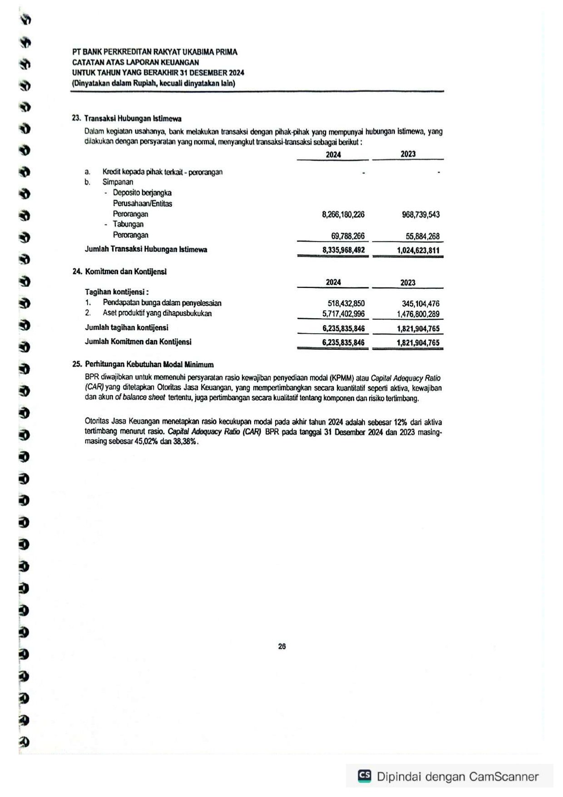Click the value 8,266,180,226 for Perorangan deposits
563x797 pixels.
tap(343, 214)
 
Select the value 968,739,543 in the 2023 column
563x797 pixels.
tap(420, 214)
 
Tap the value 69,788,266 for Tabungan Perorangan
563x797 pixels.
tap(347, 236)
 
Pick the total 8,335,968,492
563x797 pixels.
tap(343, 250)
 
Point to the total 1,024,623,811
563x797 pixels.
tap(418, 250)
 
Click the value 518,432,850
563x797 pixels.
tap(346, 303)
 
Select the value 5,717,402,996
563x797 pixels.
tap(343, 314)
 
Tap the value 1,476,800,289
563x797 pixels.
tap(418, 314)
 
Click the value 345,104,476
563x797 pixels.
tap(420, 303)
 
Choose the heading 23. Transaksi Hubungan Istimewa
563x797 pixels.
tap(127, 119)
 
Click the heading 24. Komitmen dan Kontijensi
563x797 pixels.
tap(119, 272)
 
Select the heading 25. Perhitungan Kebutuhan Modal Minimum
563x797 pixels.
tap(143, 364)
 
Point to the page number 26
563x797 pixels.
tap(282, 647)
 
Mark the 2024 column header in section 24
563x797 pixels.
tap(333, 282)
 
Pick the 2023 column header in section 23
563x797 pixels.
tap(408, 154)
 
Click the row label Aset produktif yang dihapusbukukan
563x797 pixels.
tap(157, 313)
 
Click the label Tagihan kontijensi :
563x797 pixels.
tap(117, 292)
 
